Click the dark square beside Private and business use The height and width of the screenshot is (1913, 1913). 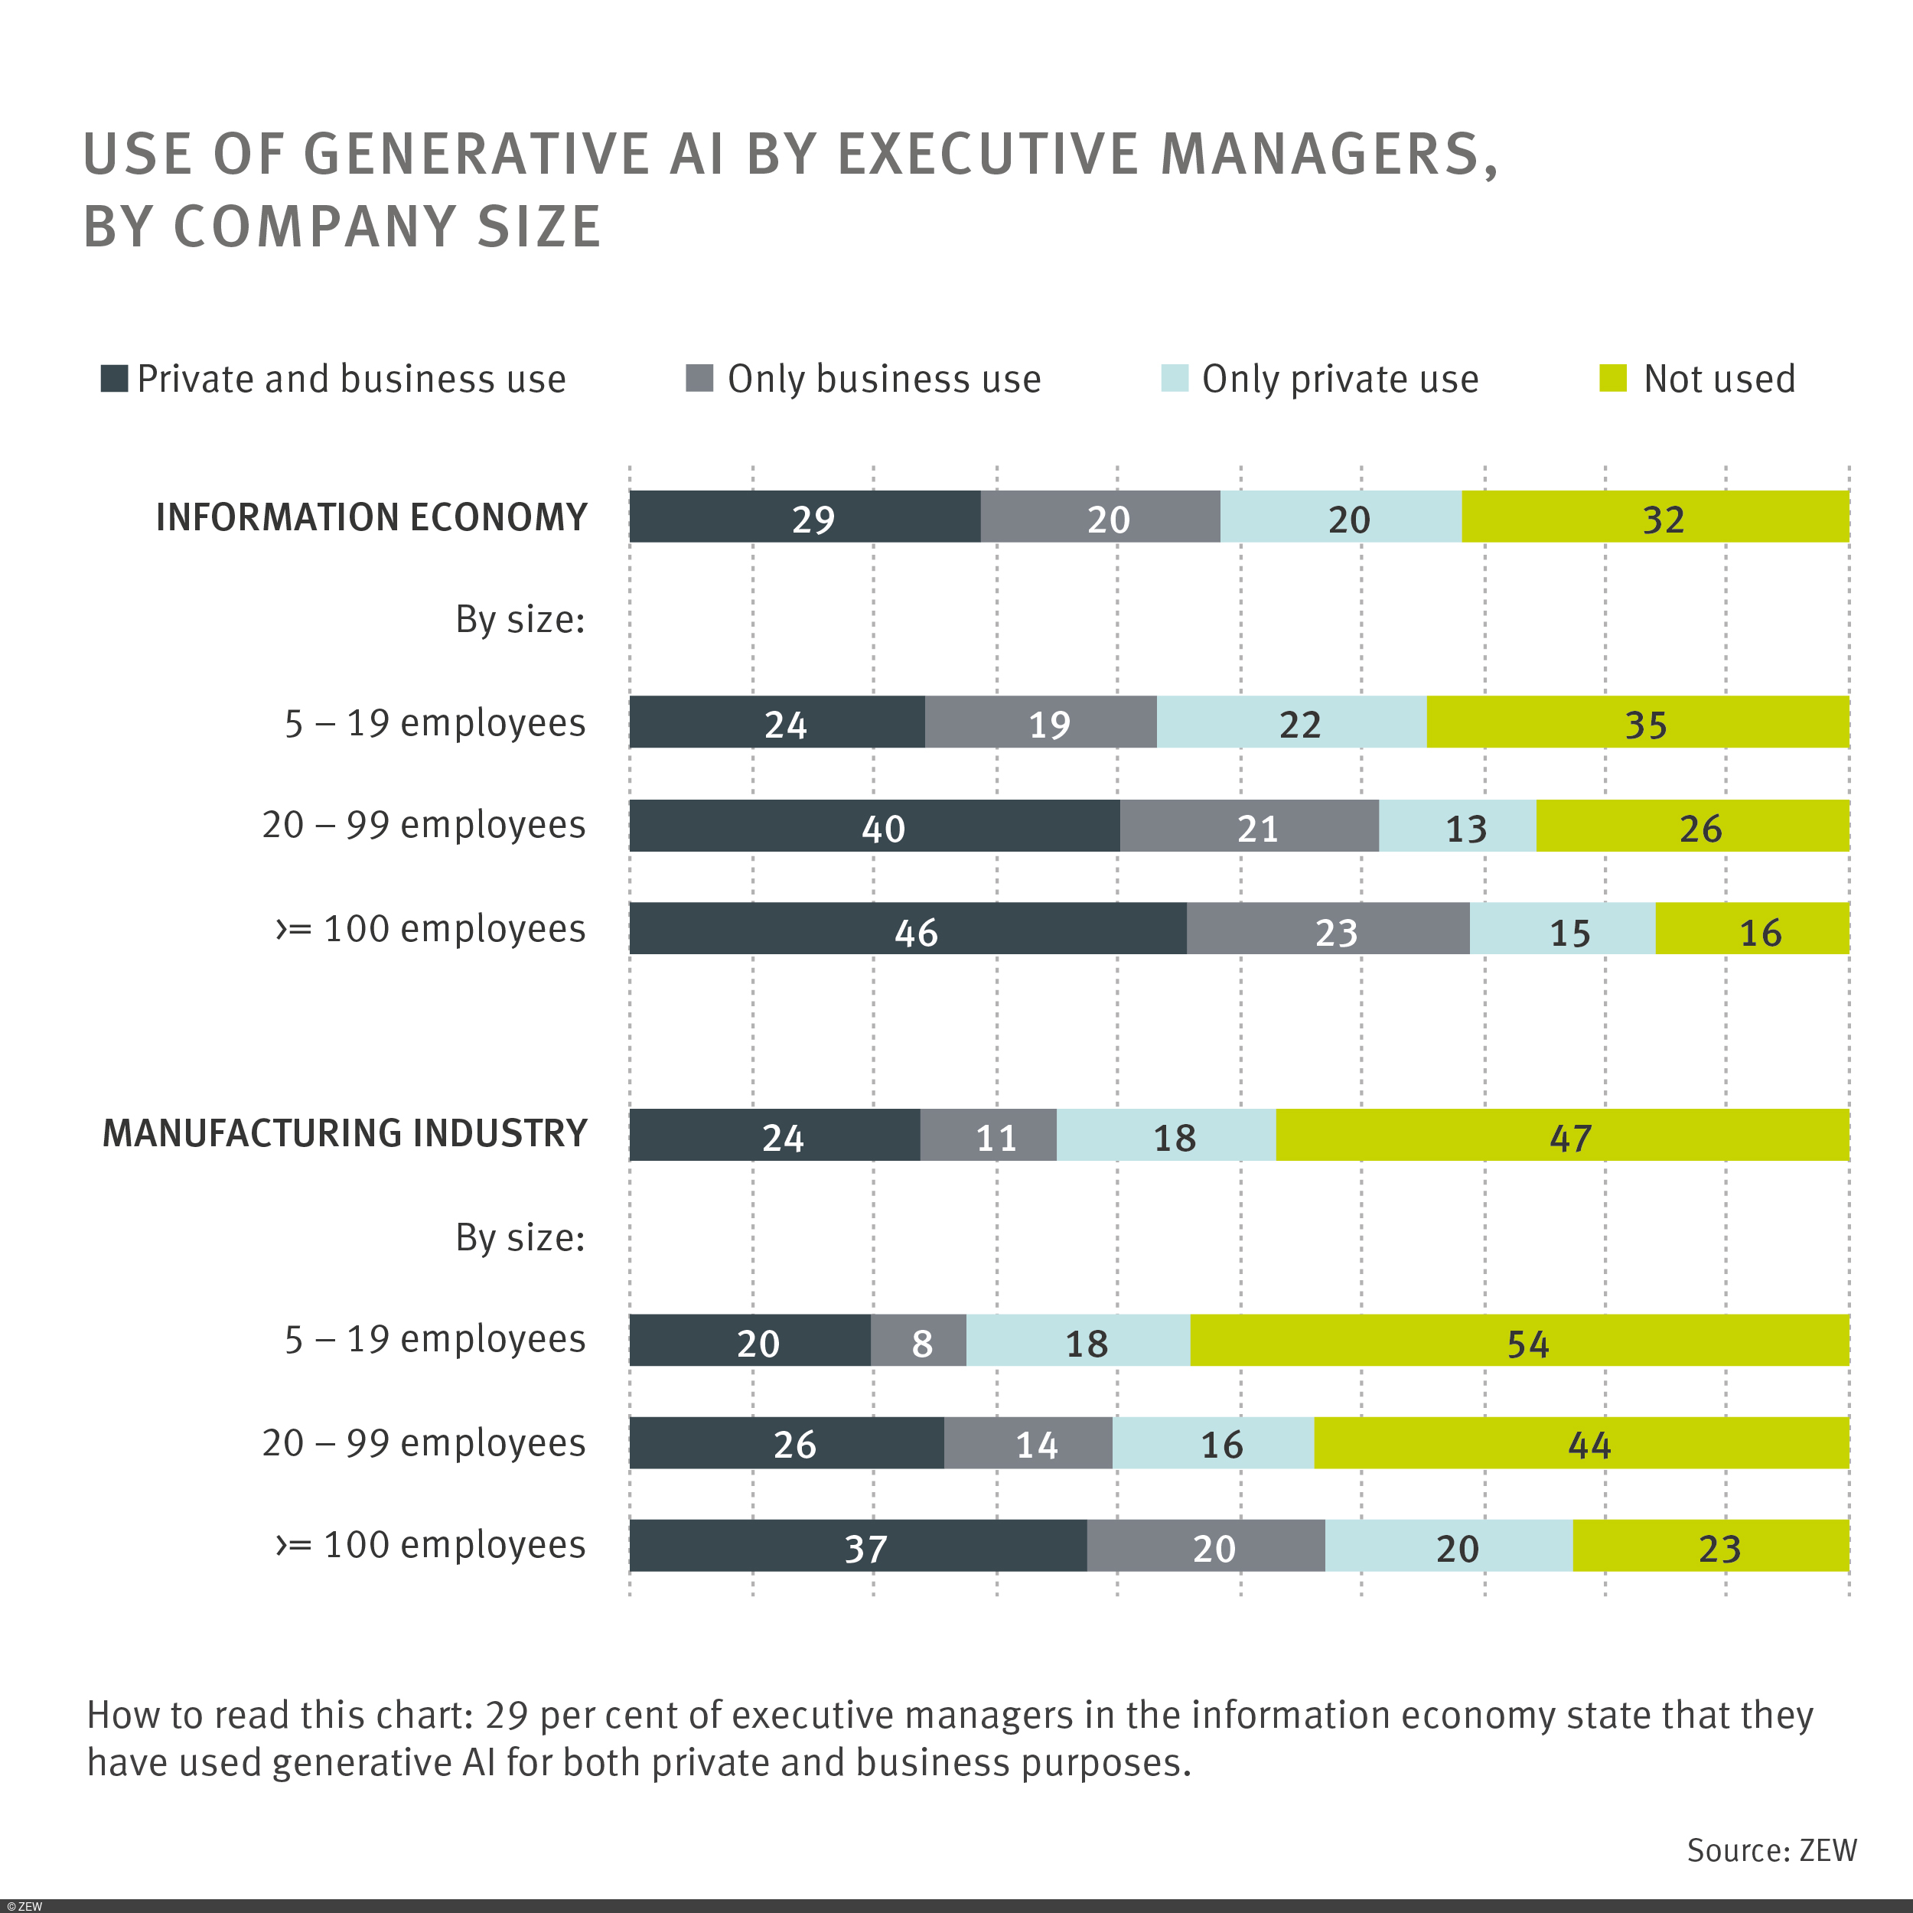(x=114, y=378)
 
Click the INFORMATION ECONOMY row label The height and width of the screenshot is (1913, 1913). (x=371, y=517)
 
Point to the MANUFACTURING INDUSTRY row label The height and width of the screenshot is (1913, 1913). (x=344, y=1132)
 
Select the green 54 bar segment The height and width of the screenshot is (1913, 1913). (x=1519, y=1340)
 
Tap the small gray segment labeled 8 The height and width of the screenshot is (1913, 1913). (x=918, y=1340)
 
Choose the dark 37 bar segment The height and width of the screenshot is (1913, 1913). (x=858, y=1545)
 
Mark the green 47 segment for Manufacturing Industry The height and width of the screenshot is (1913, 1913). (x=1562, y=1135)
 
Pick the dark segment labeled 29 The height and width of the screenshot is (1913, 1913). (x=804, y=517)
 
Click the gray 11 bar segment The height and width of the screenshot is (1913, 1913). (x=987, y=1135)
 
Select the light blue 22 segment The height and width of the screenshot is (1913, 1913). (x=1291, y=722)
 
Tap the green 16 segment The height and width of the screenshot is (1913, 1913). (x=1752, y=929)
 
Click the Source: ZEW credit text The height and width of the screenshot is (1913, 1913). (x=1771, y=1849)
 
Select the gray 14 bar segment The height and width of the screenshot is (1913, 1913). (x=1028, y=1442)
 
